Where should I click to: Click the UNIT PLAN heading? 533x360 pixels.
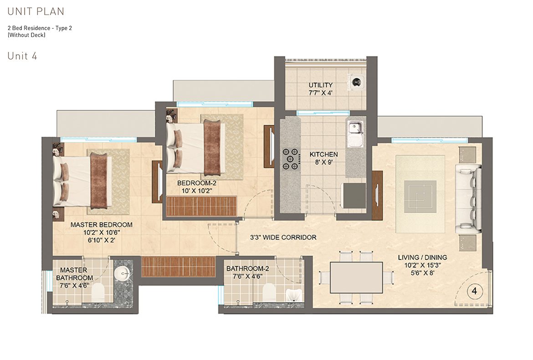[36, 11]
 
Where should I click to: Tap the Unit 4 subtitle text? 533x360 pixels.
[22, 56]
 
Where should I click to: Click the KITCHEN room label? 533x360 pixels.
[323, 154]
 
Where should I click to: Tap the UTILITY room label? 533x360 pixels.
[320, 85]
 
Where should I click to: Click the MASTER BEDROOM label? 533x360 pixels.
[101, 225]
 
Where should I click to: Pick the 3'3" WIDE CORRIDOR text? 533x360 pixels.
[283, 237]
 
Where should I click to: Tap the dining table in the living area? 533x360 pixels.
[356, 278]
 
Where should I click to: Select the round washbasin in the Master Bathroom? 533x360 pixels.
[122, 273]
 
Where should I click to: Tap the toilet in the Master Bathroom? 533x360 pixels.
[99, 293]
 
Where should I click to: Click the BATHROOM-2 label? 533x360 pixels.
[247, 269]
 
